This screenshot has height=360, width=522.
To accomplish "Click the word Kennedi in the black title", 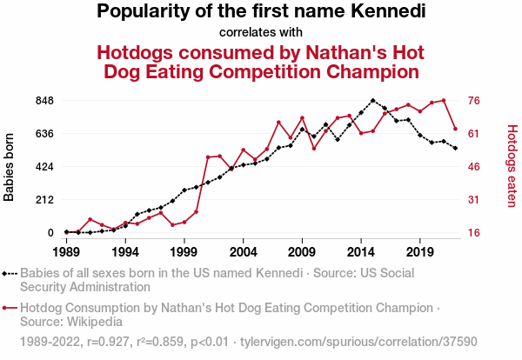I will click(380, 11).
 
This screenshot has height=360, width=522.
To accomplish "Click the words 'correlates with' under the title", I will click(261, 32).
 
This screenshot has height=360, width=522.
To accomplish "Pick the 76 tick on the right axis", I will click(475, 101).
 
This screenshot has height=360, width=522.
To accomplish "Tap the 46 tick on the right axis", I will click(475, 167).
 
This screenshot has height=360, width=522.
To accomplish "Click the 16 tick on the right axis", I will click(475, 233).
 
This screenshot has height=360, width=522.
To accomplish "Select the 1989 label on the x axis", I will click(66, 252).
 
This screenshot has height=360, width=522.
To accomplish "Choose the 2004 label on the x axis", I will click(243, 252).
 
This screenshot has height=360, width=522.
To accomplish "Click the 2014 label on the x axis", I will click(361, 252).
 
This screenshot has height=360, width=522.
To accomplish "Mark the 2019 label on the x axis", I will click(420, 252).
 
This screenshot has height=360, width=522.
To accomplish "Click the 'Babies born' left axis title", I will click(10, 167).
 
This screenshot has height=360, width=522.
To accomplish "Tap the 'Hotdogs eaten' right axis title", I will click(512, 166).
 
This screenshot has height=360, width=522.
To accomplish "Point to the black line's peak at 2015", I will click(373, 101).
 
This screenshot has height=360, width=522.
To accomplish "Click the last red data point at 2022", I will click(455, 129).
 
